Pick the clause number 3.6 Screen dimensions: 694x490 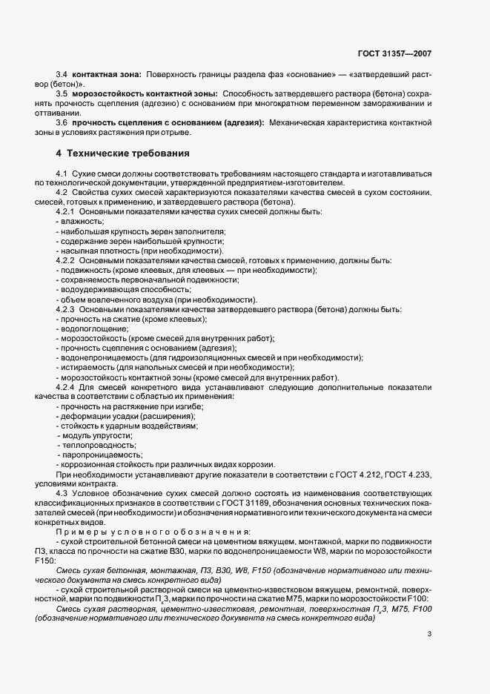[x=62, y=122]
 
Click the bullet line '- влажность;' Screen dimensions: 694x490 [x=80, y=222]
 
